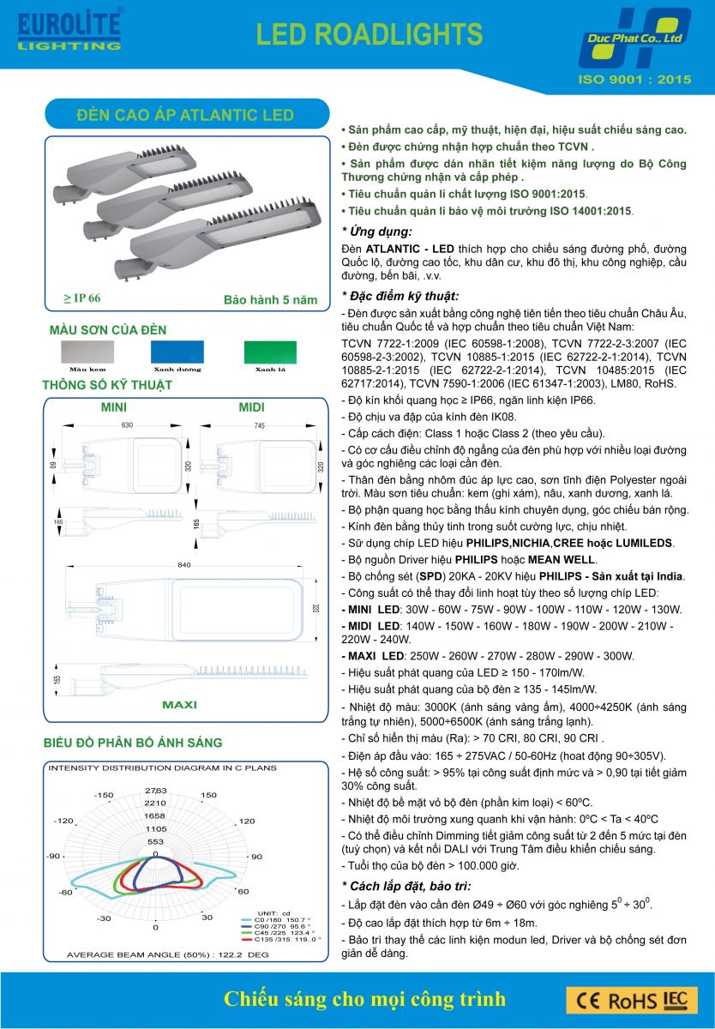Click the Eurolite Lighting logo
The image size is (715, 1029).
coord(69,30)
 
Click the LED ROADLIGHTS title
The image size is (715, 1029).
coord(370,34)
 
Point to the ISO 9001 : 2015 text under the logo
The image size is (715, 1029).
coord(635,80)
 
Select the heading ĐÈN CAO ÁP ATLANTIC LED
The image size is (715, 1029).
coord(185,115)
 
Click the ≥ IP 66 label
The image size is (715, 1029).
coord(82,298)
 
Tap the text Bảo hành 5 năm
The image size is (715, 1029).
coord(270,300)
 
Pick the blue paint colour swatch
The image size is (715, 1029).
coord(177,352)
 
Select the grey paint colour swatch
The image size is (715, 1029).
coord(86,352)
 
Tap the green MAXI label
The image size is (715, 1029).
coord(179,705)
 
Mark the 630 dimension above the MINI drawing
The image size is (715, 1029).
coord(128,425)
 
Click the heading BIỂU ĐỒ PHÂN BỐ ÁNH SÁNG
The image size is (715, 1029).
coord(132,743)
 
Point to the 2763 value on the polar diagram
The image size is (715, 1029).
coord(155,790)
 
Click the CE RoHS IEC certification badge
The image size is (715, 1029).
coord(631,1000)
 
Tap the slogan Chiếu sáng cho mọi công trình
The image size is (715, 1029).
coord(364,999)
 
